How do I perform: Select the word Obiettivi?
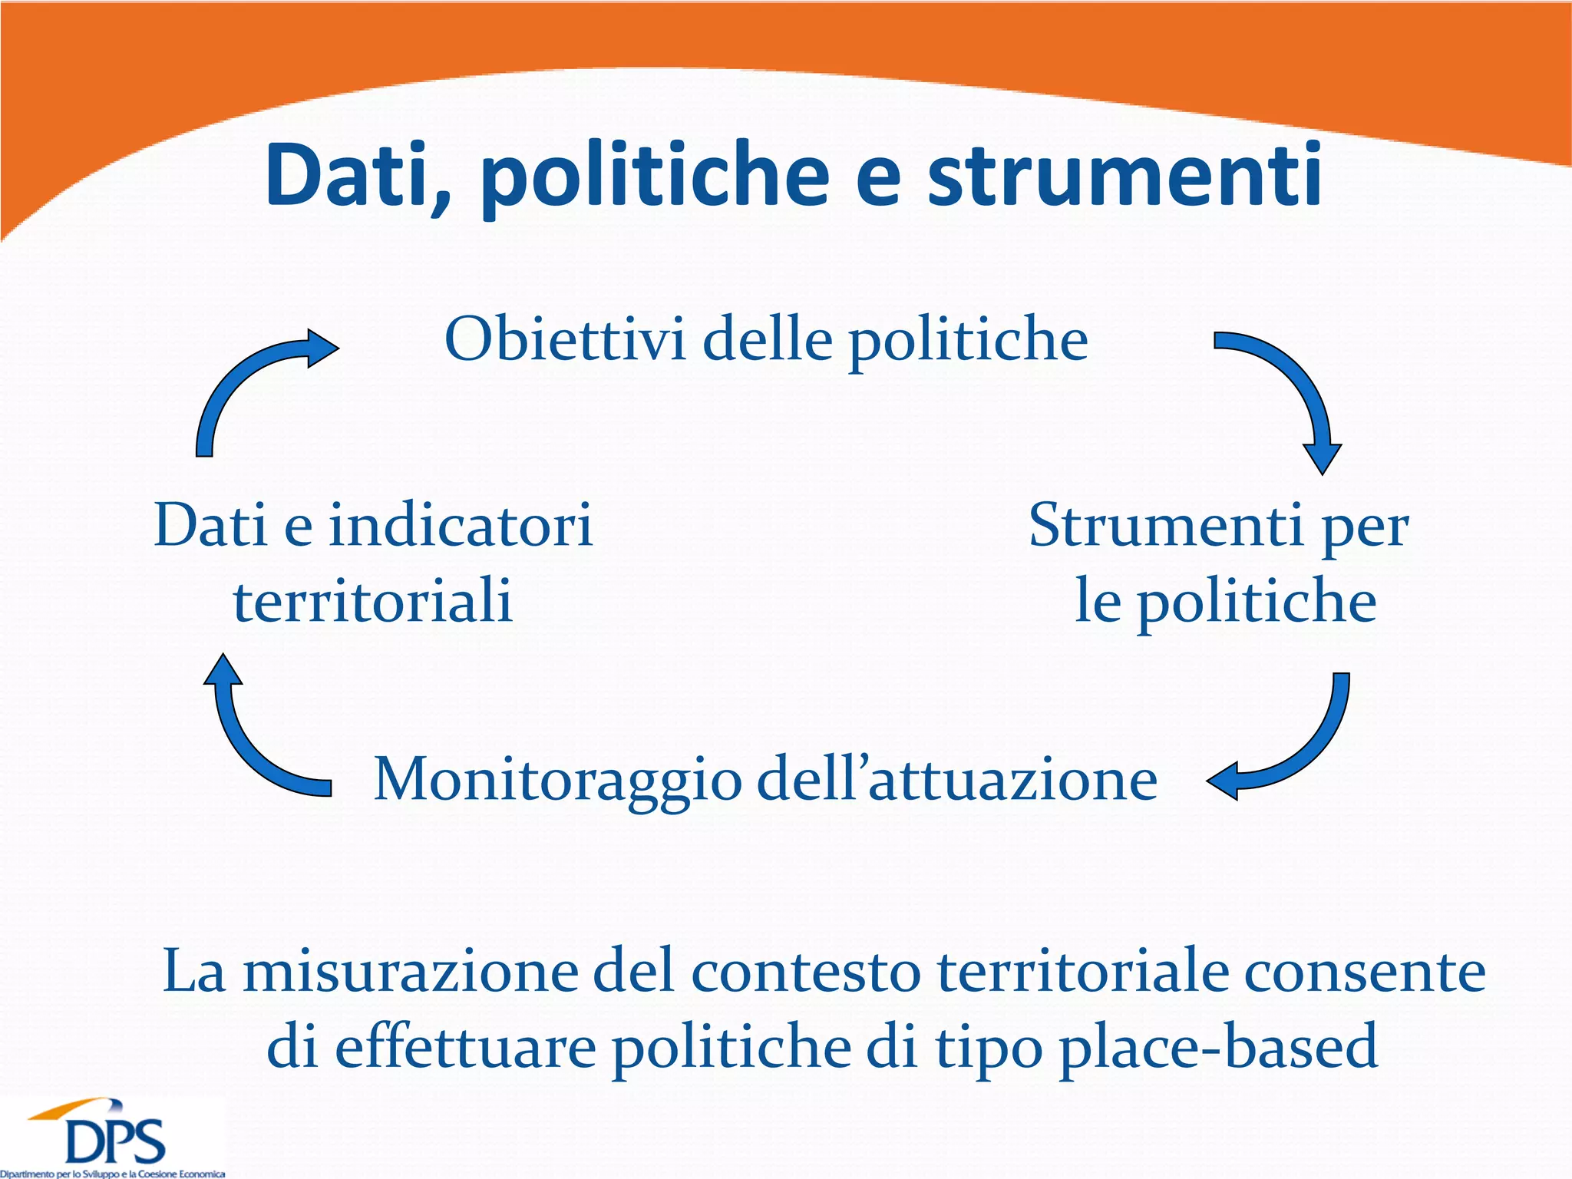565,339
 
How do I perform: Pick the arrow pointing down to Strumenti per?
1290,391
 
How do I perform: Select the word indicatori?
461,526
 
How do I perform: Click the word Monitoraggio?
557,780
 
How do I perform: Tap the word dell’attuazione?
956,780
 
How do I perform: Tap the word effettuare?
465,1048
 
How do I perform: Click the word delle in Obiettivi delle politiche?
768,339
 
